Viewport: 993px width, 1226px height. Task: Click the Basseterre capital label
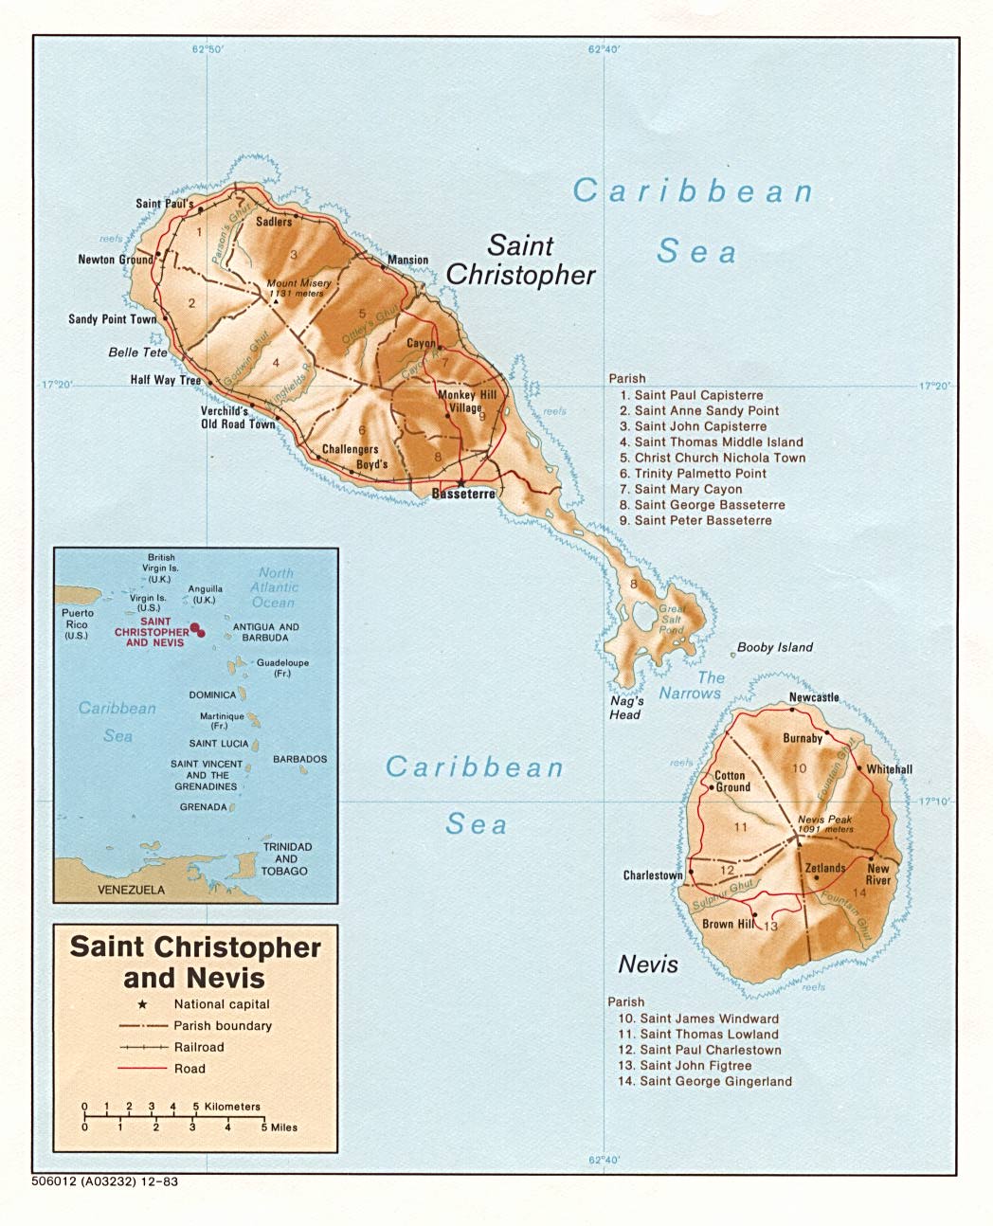pyautogui.click(x=462, y=494)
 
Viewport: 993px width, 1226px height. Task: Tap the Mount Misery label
pyautogui.click(x=298, y=283)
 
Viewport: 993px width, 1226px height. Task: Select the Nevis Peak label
pyautogui.click(x=824, y=820)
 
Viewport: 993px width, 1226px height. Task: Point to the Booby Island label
pyautogui.click(x=775, y=647)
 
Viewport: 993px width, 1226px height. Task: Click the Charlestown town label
pyautogui.click(x=652, y=875)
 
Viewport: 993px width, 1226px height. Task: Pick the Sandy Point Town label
pyautogui.click(x=112, y=319)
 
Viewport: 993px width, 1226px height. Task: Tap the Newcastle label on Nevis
pyautogui.click(x=814, y=697)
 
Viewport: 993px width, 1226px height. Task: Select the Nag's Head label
pyautogui.click(x=625, y=708)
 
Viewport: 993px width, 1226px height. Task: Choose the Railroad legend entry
pyautogui.click(x=199, y=1047)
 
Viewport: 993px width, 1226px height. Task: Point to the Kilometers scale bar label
pyautogui.click(x=231, y=1106)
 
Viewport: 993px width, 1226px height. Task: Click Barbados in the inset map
pyautogui.click(x=299, y=759)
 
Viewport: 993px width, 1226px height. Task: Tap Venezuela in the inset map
pyautogui.click(x=131, y=890)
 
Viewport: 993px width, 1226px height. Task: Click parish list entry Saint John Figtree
pyautogui.click(x=695, y=1065)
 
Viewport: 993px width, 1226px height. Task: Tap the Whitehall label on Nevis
pyautogui.click(x=889, y=769)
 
